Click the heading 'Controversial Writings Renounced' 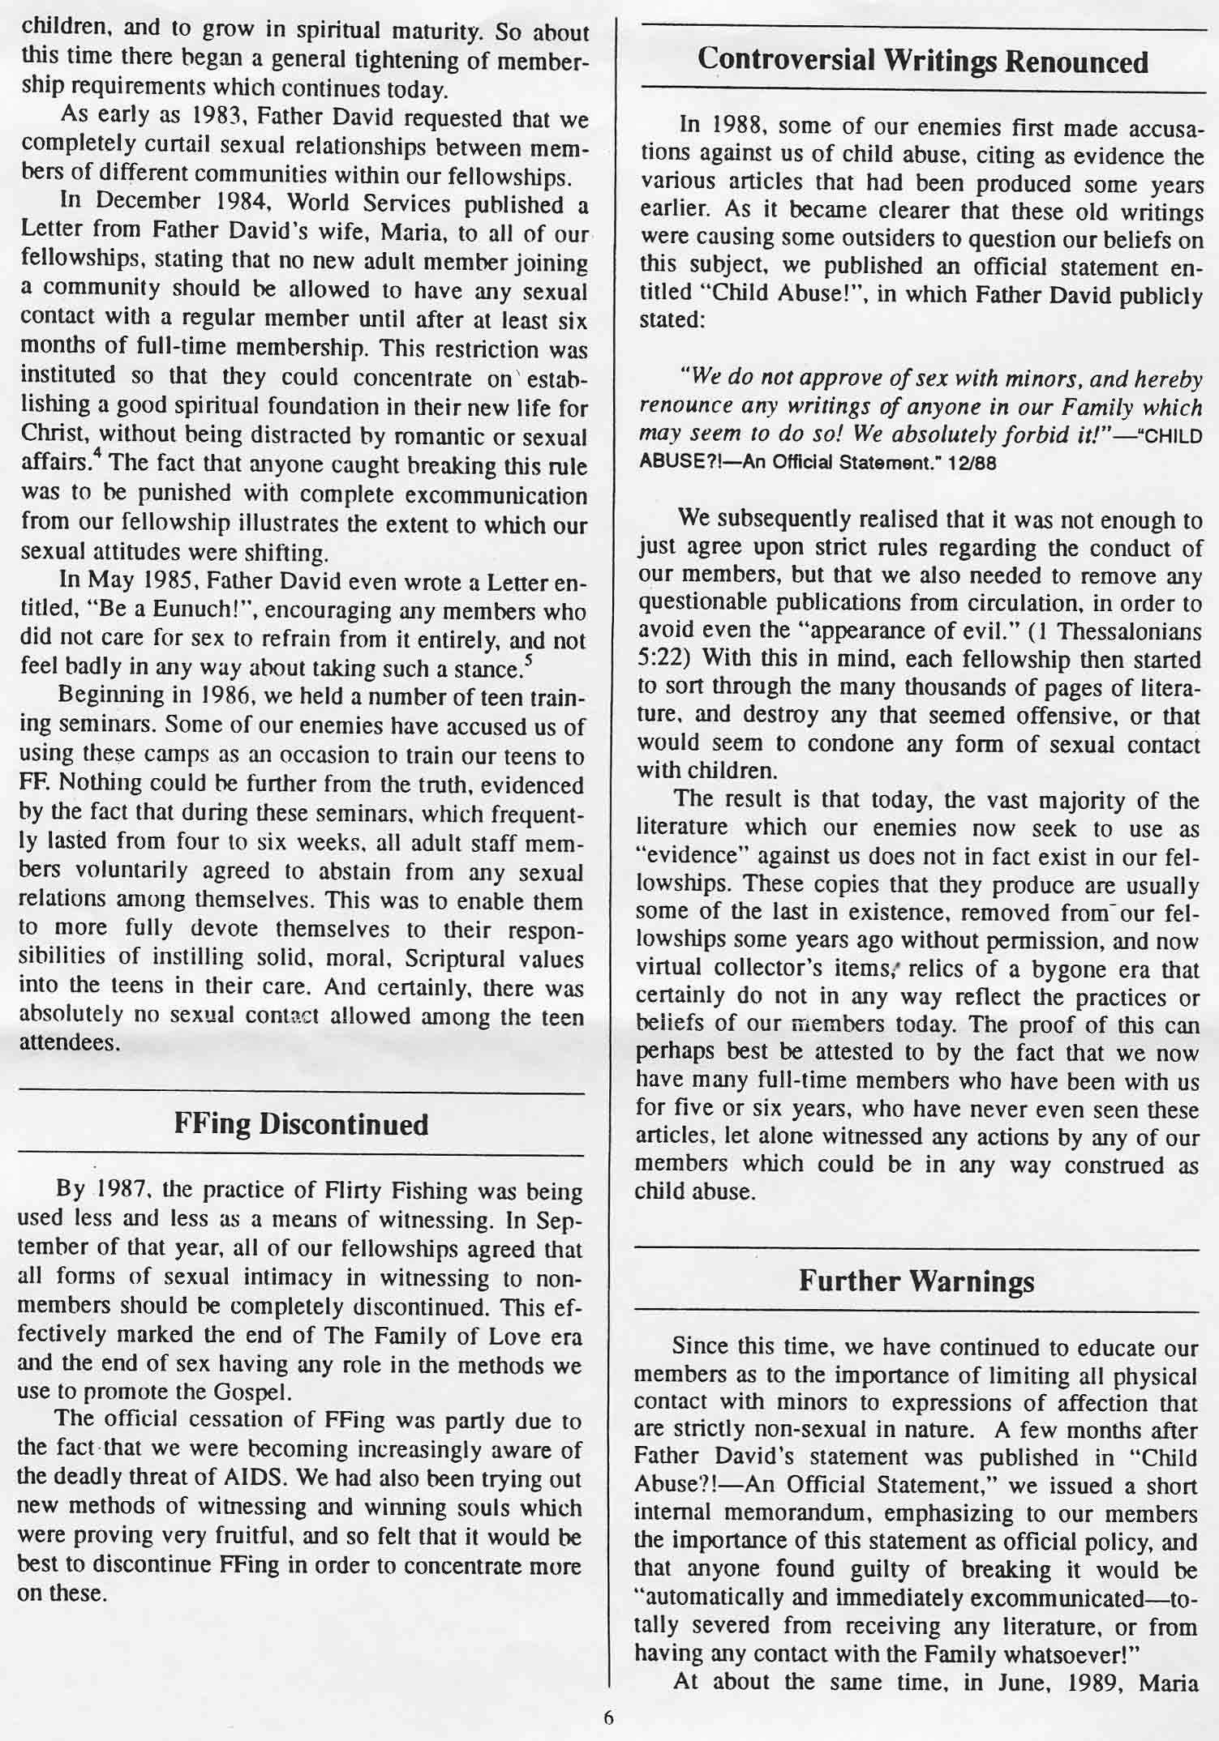[922, 62]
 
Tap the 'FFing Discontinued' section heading [300, 1125]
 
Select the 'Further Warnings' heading [916, 1281]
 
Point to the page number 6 [608, 1717]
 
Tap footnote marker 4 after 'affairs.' [96, 459]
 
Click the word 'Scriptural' [457, 959]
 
